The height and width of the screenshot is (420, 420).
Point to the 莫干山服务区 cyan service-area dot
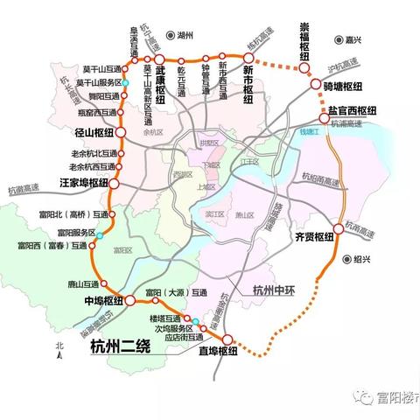[125, 83]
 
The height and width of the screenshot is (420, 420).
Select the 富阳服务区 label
[75, 233]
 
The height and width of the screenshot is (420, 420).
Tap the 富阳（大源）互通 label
[176, 292]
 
